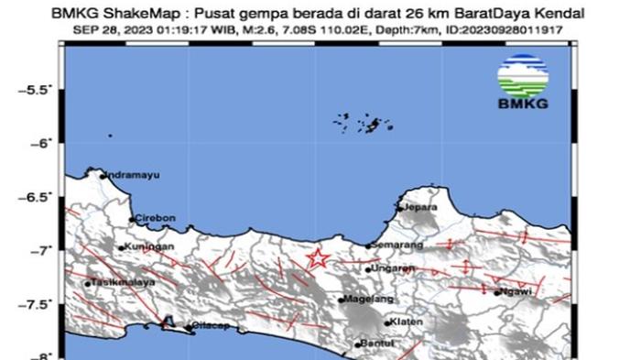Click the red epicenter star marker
pos(318,259)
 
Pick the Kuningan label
pos(149,247)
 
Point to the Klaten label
pos(406,322)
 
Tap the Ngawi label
pos(516,292)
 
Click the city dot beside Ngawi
pos(496,292)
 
